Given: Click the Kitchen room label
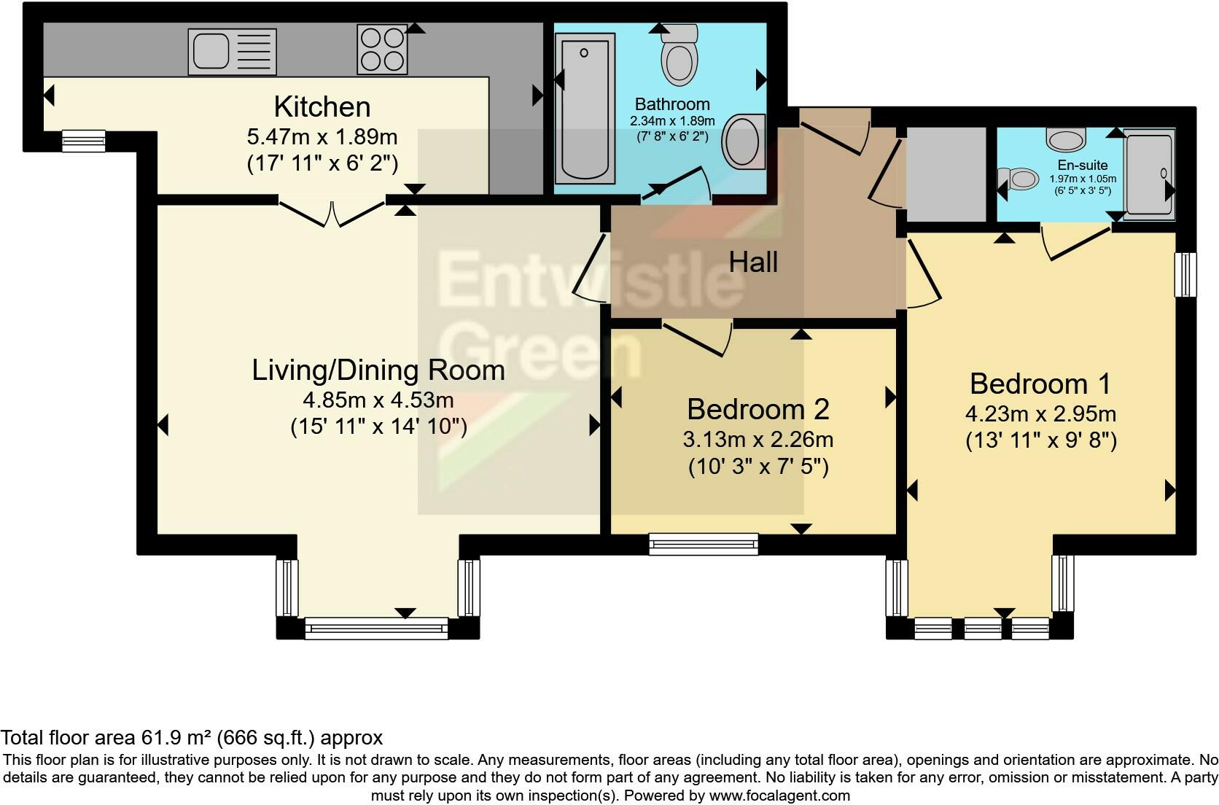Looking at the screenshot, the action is (x=322, y=106).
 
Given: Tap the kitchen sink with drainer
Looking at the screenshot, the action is (x=233, y=52).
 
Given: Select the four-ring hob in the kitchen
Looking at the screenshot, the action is (x=382, y=50).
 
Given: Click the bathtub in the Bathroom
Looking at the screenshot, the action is (x=585, y=109).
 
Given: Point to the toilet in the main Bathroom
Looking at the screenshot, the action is (x=679, y=55).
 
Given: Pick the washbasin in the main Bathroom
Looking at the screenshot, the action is (x=744, y=141).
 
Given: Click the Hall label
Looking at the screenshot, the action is (x=753, y=262).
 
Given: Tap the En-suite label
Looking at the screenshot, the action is (x=1083, y=165).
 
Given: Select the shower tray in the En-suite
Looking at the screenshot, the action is (x=1149, y=174).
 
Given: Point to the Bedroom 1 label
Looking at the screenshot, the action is (x=1040, y=384).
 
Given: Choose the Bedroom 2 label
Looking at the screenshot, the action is (x=758, y=410).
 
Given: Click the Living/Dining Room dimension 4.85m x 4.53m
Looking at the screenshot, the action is (x=378, y=400).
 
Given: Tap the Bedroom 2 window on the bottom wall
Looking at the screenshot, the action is (x=704, y=544).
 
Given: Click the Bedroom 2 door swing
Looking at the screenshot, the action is (x=697, y=338).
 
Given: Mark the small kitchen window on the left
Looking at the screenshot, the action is (x=83, y=141).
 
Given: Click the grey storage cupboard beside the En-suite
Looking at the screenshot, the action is (x=946, y=175).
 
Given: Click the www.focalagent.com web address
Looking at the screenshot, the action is (x=779, y=796).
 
